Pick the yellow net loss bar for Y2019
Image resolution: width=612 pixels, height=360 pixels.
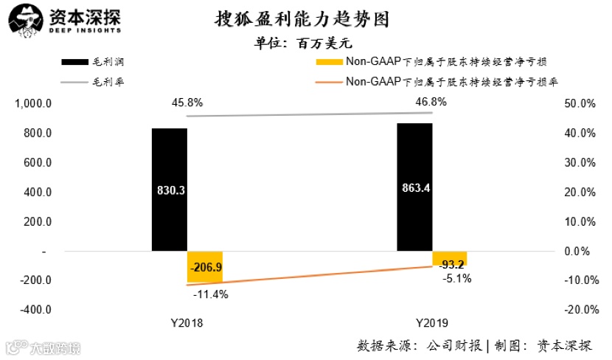tap(449, 259)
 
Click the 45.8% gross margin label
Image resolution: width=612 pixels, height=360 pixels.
tap(187, 103)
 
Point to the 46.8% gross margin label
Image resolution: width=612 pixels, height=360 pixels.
tap(431, 102)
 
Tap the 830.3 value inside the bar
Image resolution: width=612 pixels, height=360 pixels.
tap(170, 190)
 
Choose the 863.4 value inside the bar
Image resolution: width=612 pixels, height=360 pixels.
tap(415, 187)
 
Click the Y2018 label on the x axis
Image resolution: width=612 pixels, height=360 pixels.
tap(187, 323)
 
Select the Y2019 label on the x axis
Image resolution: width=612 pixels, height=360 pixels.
tap(431, 323)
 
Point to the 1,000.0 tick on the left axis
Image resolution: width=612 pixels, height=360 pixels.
tap(33, 104)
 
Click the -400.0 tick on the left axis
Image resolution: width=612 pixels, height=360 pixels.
tap(34, 310)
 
